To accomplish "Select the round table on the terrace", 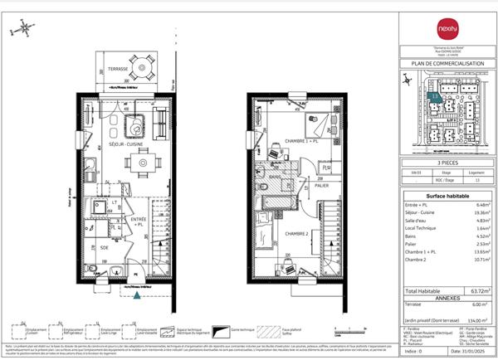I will (144, 64).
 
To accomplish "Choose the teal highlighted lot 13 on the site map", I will (437, 98).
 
